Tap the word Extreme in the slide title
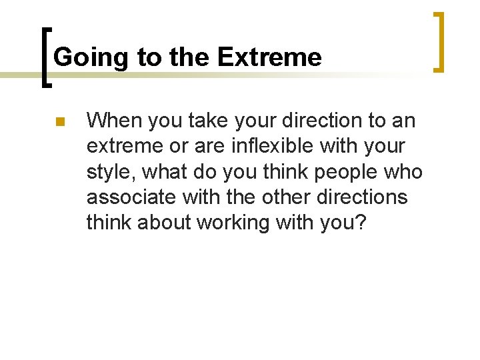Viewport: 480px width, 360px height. [269, 58]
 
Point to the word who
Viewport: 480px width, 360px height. [405, 173]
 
